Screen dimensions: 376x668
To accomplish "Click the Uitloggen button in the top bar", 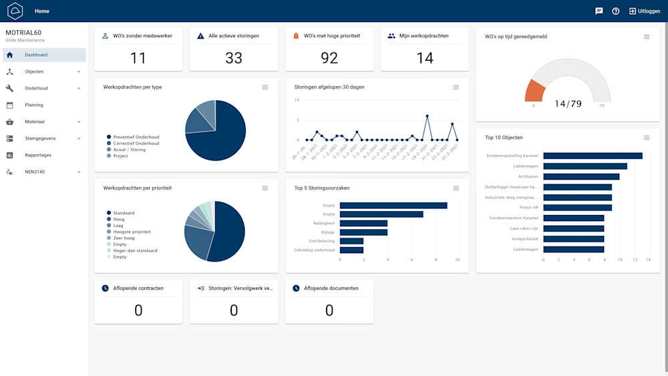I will point(644,11).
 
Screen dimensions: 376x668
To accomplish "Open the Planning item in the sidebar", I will point(34,105).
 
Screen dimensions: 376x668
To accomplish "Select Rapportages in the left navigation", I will point(38,155).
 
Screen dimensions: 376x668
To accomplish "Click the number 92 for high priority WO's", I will point(329,58).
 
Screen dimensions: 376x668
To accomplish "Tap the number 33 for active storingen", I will point(234,58).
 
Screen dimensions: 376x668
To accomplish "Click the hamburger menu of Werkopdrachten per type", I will point(265,87).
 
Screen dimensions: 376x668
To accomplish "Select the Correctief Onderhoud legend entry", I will point(136,144).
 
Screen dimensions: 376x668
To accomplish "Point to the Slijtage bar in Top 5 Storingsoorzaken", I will point(363,232).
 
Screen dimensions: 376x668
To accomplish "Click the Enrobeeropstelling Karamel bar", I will point(593,156).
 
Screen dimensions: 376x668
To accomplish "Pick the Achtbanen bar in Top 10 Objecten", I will point(581,176).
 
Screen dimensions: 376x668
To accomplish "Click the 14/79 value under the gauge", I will point(568,104).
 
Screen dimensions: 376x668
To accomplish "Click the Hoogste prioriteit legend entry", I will point(132,232).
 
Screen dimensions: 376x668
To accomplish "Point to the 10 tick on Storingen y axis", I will point(297,100).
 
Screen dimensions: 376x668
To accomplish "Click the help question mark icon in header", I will point(616,11).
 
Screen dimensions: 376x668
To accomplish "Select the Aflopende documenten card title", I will point(331,289).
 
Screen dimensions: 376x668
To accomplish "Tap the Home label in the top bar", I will point(42,11).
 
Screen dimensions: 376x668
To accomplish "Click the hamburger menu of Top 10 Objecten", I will point(647,138).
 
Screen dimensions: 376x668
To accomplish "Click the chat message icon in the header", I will point(599,11).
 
